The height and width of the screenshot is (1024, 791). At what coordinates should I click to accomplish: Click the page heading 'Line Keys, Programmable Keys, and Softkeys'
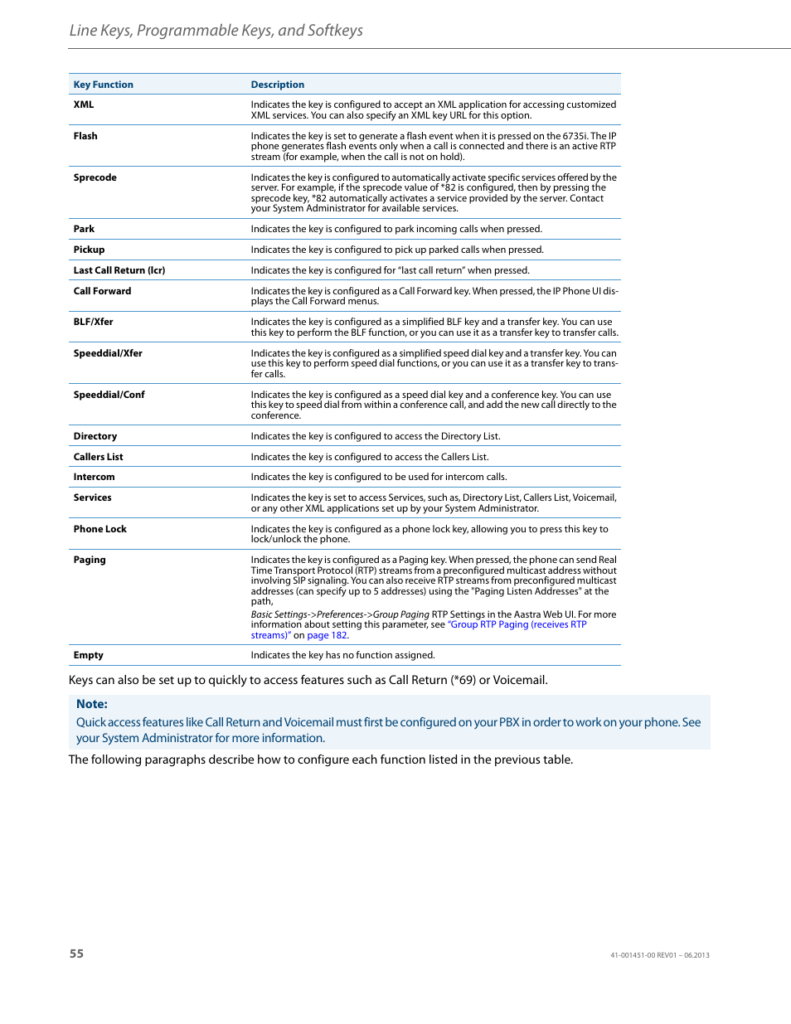216,31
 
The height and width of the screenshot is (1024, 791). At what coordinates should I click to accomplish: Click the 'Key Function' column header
103,85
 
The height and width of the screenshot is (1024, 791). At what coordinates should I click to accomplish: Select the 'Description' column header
277,85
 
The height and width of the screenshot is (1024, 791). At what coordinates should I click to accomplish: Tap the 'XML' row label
84,104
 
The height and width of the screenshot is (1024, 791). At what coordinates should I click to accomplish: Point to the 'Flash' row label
85,136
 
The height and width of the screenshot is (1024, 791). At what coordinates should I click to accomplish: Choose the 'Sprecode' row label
95,177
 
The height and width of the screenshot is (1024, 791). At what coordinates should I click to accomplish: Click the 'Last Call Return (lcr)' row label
119,270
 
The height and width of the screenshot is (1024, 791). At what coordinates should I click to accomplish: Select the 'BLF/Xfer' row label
93,322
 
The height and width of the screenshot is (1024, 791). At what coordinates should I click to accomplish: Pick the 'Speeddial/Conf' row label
109,395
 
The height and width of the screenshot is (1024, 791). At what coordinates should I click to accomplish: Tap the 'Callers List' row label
98,457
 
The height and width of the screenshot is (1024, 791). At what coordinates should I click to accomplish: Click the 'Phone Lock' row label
99,529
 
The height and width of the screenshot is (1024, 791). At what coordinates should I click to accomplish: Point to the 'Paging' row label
90,560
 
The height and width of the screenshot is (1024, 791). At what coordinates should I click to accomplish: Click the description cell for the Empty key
342,655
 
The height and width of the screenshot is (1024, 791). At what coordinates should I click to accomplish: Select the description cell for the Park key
396,229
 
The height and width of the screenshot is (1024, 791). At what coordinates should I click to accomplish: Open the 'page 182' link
327,635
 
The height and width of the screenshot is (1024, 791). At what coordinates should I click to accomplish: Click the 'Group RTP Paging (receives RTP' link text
517,624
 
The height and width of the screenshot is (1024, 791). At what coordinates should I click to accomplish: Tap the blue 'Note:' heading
92,704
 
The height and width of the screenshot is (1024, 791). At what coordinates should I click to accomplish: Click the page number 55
76,954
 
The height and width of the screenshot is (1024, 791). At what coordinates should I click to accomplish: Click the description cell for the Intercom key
379,477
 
